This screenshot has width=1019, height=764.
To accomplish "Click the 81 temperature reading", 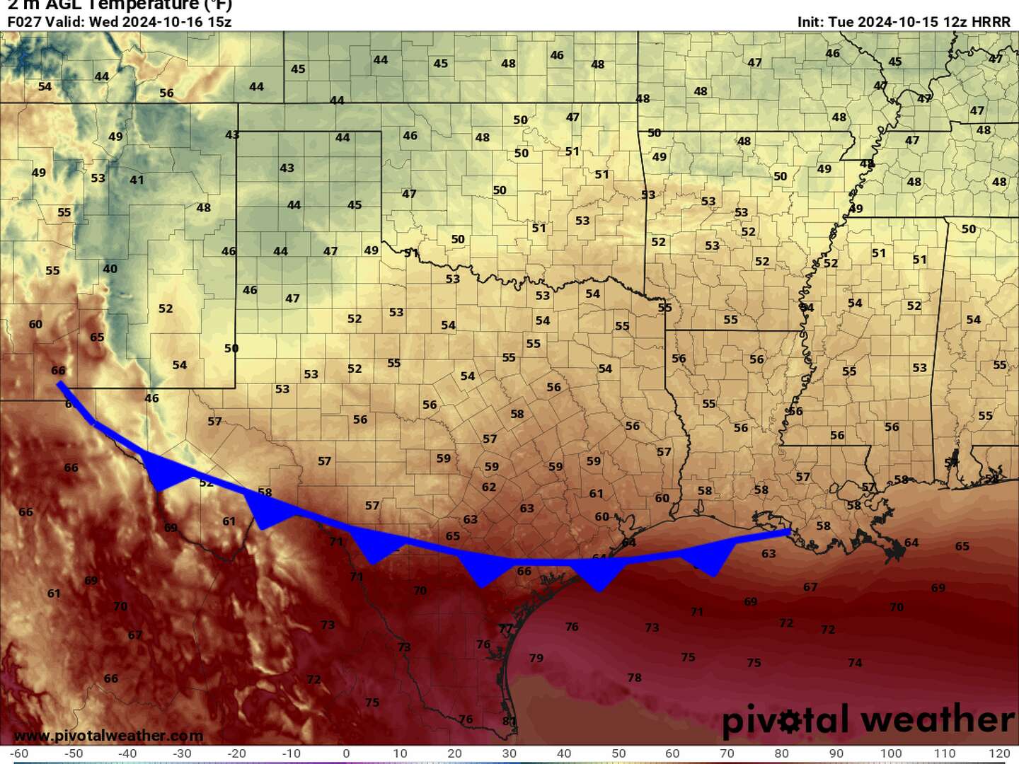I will (x=509, y=721).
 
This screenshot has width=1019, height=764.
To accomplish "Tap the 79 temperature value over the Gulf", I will (x=536, y=658).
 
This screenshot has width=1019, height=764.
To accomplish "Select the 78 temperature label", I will (x=634, y=678).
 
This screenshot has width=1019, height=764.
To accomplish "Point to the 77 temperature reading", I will (x=505, y=629).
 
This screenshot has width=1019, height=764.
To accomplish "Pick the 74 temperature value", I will (x=855, y=663).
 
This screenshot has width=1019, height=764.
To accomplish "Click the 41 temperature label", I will (x=137, y=180).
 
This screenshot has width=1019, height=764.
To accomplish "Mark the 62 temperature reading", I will (x=489, y=487).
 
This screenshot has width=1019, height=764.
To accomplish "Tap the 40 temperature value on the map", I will (x=110, y=269).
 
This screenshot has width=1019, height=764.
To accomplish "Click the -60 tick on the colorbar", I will (x=19, y=753).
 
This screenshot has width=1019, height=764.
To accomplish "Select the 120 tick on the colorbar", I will (x=999, y=753).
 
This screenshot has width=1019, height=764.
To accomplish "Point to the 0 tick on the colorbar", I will (x=346, y=753).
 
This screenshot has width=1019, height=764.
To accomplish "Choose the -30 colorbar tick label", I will (x=183, y=753).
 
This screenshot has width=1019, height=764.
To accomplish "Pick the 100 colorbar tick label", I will (x=890, y=753).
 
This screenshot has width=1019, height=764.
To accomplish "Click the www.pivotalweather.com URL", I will (x=108, y=736).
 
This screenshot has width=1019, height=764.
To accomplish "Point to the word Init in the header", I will (x=810, y=21).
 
